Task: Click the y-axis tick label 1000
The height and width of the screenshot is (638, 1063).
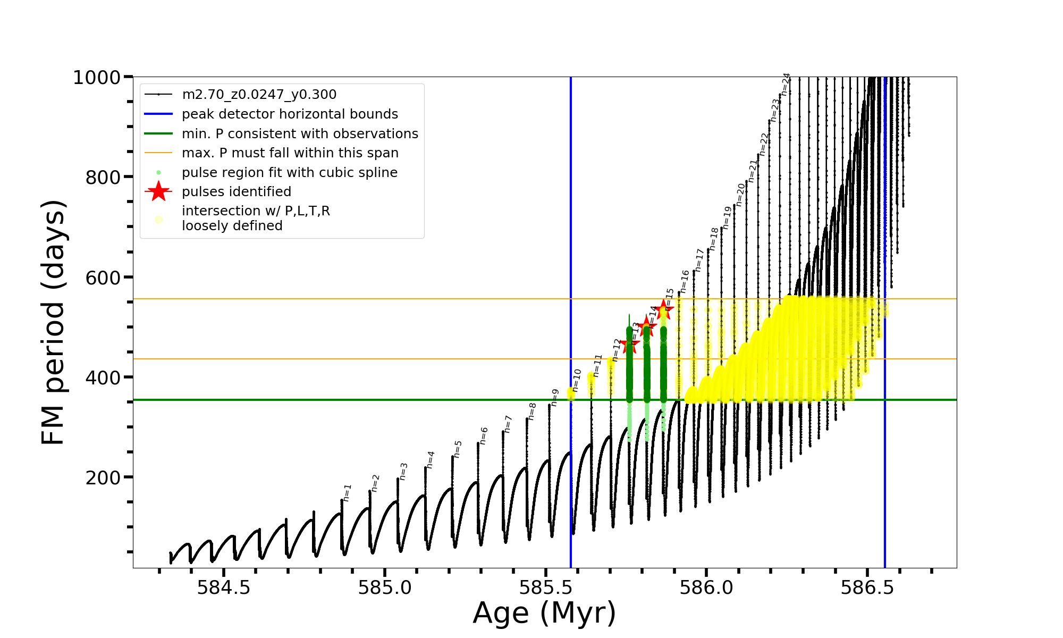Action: [97, 78]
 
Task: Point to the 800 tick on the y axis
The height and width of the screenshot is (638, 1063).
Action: [103, 177]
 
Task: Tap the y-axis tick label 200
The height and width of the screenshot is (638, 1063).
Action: [103, 477]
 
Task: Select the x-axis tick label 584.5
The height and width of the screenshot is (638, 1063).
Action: [224, 587]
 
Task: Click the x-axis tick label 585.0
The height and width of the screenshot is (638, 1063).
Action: [385, 587]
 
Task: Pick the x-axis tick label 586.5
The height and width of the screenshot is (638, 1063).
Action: [867, 587]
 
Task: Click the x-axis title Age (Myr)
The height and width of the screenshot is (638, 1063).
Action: [544, 613]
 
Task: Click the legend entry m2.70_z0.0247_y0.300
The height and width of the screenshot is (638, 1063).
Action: [259, 95]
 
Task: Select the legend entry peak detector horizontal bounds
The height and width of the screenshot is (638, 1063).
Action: [290, 114]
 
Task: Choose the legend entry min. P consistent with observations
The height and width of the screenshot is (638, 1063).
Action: [300, 134]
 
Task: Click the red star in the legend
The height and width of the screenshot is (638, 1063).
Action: [158, 191]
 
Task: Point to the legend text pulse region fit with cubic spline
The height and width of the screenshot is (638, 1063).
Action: [289, 173]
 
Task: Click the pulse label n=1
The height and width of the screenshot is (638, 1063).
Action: [347, 493]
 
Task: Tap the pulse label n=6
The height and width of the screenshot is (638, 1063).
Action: [484, 435]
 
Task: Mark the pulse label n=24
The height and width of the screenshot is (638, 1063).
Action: [786, 84]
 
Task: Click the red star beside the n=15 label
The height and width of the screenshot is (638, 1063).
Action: [664, 309]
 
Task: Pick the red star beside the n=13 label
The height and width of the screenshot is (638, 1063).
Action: [630, 345]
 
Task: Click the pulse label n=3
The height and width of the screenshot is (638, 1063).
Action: [403, 472]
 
